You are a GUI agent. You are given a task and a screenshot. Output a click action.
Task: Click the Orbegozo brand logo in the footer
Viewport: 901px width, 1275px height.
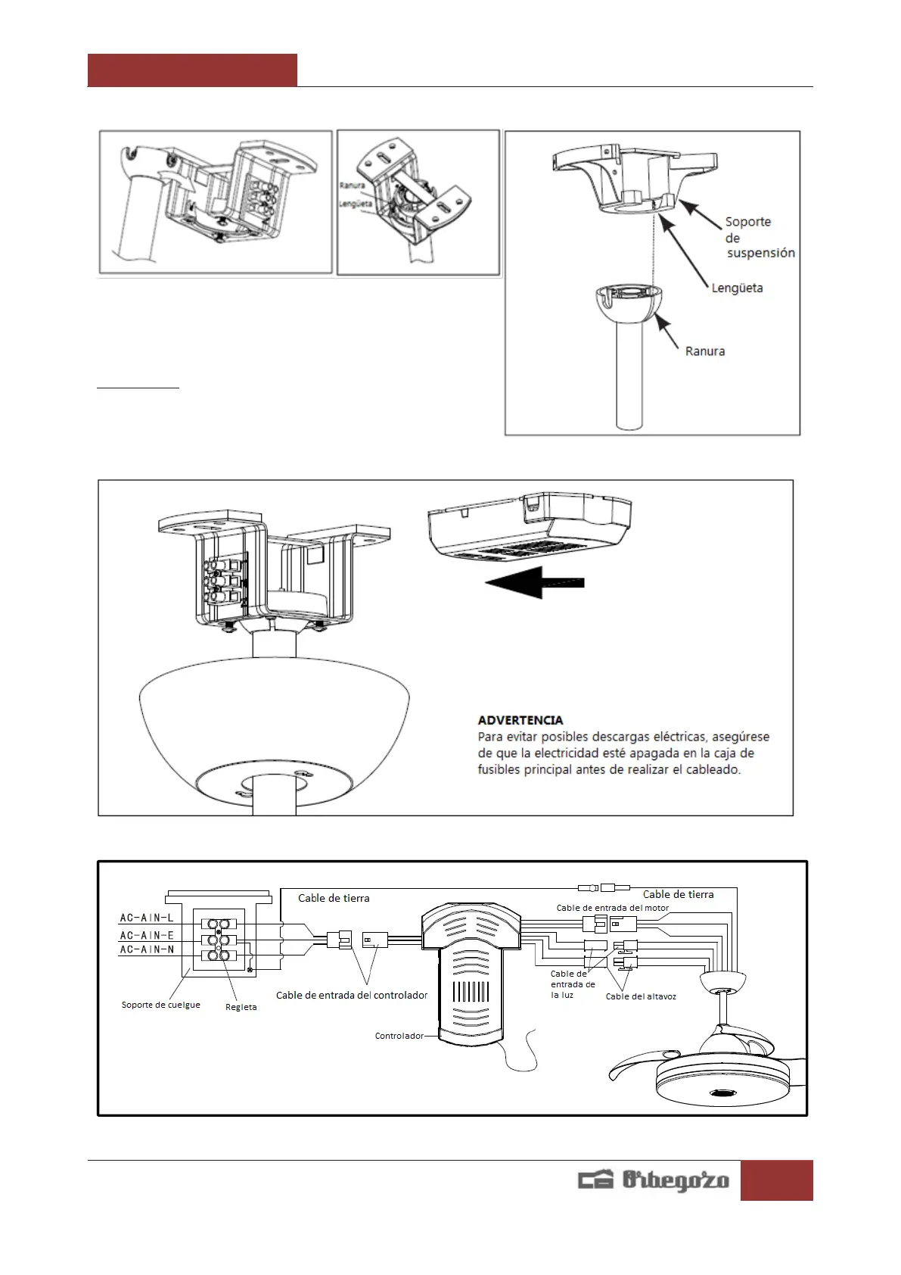654,1180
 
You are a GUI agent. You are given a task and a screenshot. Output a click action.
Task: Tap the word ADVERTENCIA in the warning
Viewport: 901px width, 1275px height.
520,720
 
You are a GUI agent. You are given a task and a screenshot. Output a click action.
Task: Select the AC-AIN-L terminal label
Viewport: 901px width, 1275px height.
147,918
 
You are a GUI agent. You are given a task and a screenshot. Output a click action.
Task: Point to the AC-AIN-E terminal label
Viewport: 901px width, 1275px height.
147,935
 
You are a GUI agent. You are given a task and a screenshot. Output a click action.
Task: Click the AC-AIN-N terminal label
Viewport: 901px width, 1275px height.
147,949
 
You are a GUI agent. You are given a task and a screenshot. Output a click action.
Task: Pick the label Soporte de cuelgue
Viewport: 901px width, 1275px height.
160,1005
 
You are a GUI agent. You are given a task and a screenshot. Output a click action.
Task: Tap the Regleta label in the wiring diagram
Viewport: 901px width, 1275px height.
241,1007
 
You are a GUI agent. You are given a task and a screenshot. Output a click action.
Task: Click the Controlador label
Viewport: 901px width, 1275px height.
399,1036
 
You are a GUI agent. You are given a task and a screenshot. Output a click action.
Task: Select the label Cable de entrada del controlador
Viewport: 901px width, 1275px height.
352,995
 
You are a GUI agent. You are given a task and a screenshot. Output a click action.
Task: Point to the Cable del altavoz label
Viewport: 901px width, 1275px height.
641,996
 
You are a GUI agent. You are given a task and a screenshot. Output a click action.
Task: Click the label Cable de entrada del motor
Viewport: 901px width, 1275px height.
612,908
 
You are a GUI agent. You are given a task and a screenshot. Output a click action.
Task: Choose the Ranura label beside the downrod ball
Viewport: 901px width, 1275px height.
704,351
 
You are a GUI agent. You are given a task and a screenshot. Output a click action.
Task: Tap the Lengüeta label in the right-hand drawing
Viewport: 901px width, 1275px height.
737,288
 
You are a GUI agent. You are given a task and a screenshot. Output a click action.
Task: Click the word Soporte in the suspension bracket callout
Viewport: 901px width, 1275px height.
747,222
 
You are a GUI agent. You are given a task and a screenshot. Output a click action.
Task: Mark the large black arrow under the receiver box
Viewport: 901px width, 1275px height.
534,582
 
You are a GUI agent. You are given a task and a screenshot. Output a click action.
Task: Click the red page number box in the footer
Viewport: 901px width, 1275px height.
776,1180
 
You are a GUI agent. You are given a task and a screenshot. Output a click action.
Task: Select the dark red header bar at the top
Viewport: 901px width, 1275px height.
192,70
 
